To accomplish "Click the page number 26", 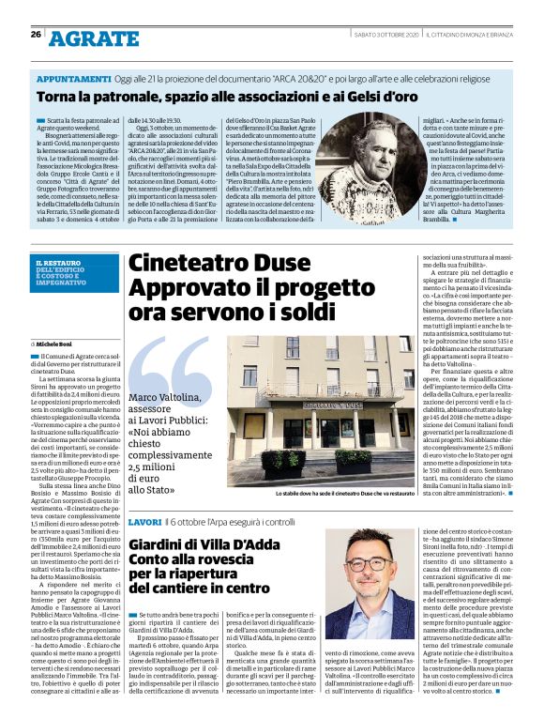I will click(x=36, y=34).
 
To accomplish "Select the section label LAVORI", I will click(x=144, y=520).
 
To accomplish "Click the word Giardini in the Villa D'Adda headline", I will click(x=159, y=544).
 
